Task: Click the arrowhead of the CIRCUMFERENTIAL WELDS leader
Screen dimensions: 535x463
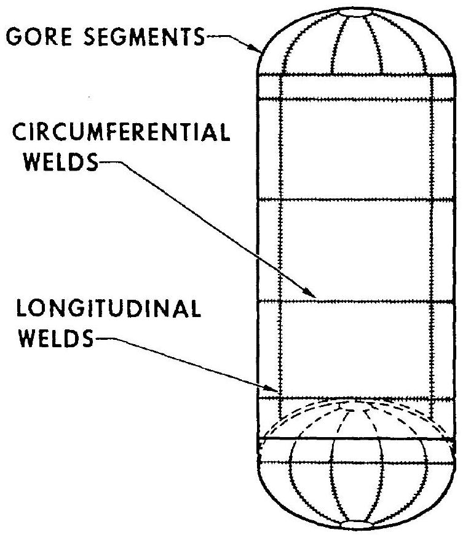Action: (x=315, y=298)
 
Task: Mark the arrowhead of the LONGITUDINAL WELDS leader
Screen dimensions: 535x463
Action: (x=277, y=389)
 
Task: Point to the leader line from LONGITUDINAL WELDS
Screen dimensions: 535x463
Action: (x=184, y=366)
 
